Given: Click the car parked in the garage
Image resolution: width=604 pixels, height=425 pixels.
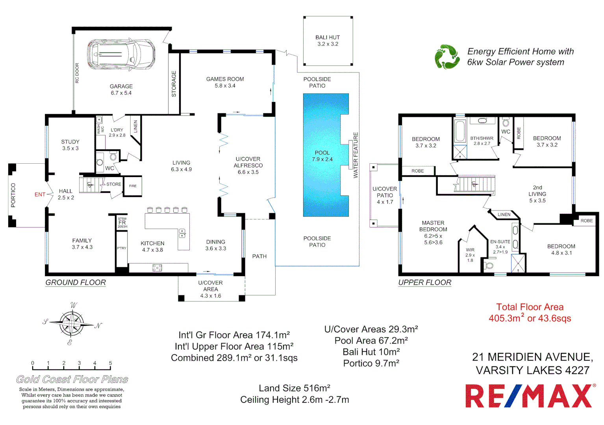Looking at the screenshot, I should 120,54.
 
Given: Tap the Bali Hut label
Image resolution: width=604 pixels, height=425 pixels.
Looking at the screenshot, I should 328,38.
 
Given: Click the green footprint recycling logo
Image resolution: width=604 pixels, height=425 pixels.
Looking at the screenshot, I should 447,57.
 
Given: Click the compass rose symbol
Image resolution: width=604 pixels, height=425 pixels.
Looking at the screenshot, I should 72,323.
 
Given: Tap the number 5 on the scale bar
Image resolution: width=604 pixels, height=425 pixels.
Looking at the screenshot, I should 110,363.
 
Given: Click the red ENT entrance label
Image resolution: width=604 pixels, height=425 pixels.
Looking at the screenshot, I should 40,194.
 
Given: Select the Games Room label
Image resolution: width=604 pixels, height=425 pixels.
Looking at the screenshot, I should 225,79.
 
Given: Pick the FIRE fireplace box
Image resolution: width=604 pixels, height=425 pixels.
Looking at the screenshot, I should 133,186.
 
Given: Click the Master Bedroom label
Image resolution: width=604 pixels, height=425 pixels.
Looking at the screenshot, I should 433,226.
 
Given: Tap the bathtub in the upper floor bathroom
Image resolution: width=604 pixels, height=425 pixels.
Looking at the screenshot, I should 459,131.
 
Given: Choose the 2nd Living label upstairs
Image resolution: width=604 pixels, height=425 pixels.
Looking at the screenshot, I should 537,191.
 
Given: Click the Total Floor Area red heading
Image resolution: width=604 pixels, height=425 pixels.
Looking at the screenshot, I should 530,307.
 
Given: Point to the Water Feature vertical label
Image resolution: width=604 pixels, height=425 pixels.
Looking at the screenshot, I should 356,155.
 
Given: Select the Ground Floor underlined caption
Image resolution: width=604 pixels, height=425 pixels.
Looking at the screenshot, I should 76,283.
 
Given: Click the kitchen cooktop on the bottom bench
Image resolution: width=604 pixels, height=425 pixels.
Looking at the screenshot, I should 157,268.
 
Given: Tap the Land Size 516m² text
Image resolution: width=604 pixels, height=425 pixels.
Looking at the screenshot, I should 295,388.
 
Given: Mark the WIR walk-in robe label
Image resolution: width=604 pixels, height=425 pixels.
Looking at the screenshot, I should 470,250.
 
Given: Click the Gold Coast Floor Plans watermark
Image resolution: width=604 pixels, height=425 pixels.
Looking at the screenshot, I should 72,379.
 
